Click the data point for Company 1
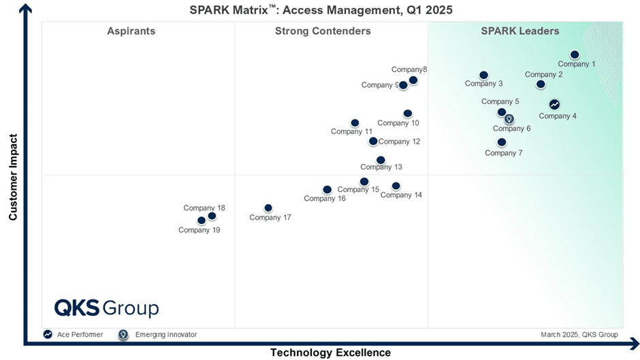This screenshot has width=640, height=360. (575, 54)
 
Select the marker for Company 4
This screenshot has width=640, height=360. (554, 105)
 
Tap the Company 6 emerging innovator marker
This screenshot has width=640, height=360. (509, 119)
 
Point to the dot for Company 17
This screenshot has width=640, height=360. (268, 208)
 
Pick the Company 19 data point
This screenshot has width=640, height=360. (202, 220)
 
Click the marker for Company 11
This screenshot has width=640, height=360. (355, 123)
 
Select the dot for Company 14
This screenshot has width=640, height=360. (396, 186)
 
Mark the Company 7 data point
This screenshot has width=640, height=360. (502, 142)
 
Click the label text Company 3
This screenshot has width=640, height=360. (483, 84)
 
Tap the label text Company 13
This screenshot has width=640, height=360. (381, 167)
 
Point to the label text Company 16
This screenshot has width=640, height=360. (325, 199)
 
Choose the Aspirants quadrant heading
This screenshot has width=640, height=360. (131, 31)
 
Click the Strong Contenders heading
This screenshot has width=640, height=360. (323, 31)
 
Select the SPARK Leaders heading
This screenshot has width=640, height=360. (520, 31)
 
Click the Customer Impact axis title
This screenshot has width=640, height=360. (13, 177)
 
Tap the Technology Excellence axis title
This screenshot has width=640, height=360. (330, 353)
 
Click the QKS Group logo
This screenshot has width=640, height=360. (107, 308)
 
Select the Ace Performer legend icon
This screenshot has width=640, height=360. (48, 334)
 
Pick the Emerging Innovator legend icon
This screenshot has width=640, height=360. (123, 334)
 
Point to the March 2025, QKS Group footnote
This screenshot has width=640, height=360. (579, 335)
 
